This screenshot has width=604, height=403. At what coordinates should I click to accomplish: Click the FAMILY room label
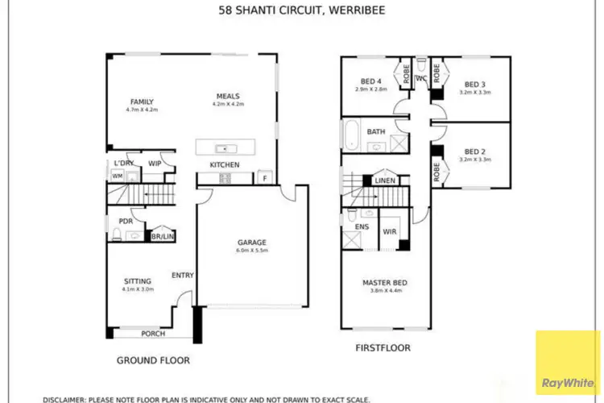pos(142,102)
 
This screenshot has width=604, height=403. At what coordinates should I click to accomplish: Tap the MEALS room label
pos(227,95)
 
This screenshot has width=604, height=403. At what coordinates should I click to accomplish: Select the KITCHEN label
pos(225,165)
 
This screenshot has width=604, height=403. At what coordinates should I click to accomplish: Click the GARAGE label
pos(251,243)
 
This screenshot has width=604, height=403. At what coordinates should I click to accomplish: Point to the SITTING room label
pos(136,281)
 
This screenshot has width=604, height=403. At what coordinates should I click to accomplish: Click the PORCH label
pos(153,334)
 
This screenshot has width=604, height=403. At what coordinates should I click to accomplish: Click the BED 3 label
pos(474,85)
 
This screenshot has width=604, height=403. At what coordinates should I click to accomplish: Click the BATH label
pos(376,131)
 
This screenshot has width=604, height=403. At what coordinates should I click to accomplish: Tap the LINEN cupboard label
pos(385,181)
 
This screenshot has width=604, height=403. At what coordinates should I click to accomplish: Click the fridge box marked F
pos(263,177)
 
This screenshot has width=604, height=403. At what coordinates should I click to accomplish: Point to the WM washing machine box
pos(118,176)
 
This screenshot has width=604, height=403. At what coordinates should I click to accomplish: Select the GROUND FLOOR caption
pos(153,360)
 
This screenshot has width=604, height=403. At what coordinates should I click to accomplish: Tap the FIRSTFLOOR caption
pos(383,348)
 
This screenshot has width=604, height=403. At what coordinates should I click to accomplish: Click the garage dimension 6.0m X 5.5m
pos(251,251)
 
